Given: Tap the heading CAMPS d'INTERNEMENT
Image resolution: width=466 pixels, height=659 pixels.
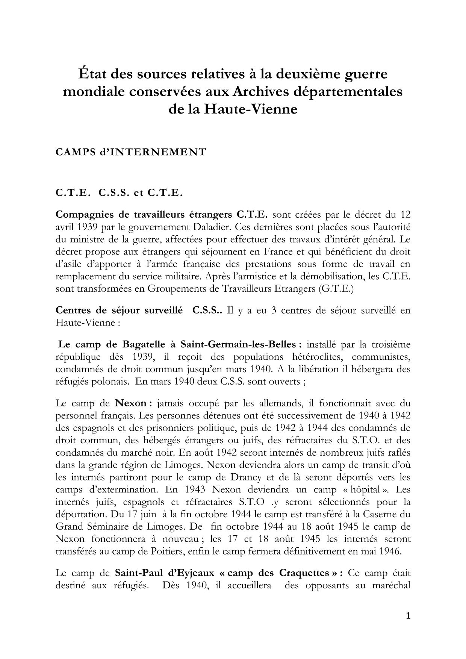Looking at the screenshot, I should coord(131,152).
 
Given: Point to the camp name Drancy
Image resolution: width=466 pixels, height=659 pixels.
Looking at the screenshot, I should coord(261,477).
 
